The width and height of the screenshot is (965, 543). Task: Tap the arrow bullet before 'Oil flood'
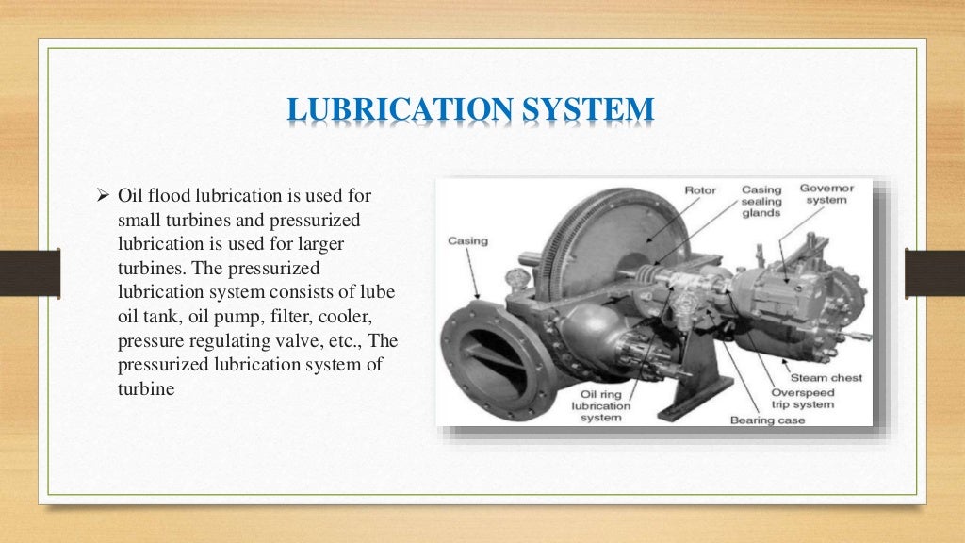click(105, 197)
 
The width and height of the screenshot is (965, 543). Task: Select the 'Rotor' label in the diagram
click(699, 190)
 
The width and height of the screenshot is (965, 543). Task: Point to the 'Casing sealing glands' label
click(761, 201)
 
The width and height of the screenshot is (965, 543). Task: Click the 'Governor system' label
click(826, 194)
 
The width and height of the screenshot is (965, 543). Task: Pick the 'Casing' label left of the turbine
click(467, 240)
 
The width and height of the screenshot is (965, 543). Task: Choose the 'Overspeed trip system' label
click(803, 399)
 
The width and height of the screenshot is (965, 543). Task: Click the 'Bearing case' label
click(767, 420)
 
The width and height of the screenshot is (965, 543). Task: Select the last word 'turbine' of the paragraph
click(146, 386)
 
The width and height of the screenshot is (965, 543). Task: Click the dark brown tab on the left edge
click(29, 272)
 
